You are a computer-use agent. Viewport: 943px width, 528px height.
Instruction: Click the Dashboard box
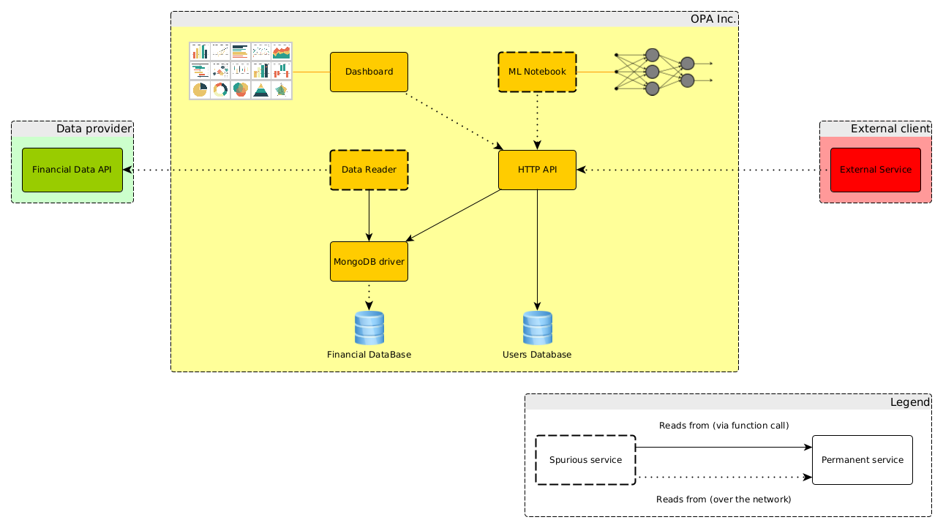tap(369, 72)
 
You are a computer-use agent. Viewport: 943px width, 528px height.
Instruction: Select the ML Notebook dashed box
tap(537, 72)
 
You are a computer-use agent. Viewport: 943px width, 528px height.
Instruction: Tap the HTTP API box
tap(537, 170)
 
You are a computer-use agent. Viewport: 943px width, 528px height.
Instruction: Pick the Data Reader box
tap(369, 170)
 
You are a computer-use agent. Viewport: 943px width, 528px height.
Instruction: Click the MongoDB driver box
tap(369, 261)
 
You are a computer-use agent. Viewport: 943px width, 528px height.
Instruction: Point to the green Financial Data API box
tap(72, 170)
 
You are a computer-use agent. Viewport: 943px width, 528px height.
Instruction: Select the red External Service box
tap(875, 170)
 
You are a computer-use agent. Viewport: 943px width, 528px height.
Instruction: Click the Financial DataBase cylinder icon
tap(369, 328)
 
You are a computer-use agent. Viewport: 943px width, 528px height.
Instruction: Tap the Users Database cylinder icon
tap(537, 328)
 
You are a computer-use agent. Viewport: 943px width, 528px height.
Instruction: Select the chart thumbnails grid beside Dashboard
tap(241, 71)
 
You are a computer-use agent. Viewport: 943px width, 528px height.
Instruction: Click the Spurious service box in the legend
tap(585, 460)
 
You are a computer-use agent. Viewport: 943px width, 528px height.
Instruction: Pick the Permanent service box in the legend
tap(862, 460)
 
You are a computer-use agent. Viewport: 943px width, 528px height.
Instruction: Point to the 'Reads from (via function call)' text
tap(724, 426)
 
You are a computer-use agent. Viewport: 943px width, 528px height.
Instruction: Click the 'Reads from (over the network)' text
tap(724, 499)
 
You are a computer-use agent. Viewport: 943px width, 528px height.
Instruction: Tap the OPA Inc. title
tap(713, 19)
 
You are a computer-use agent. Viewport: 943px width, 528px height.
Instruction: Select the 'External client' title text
tap(890, 129)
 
